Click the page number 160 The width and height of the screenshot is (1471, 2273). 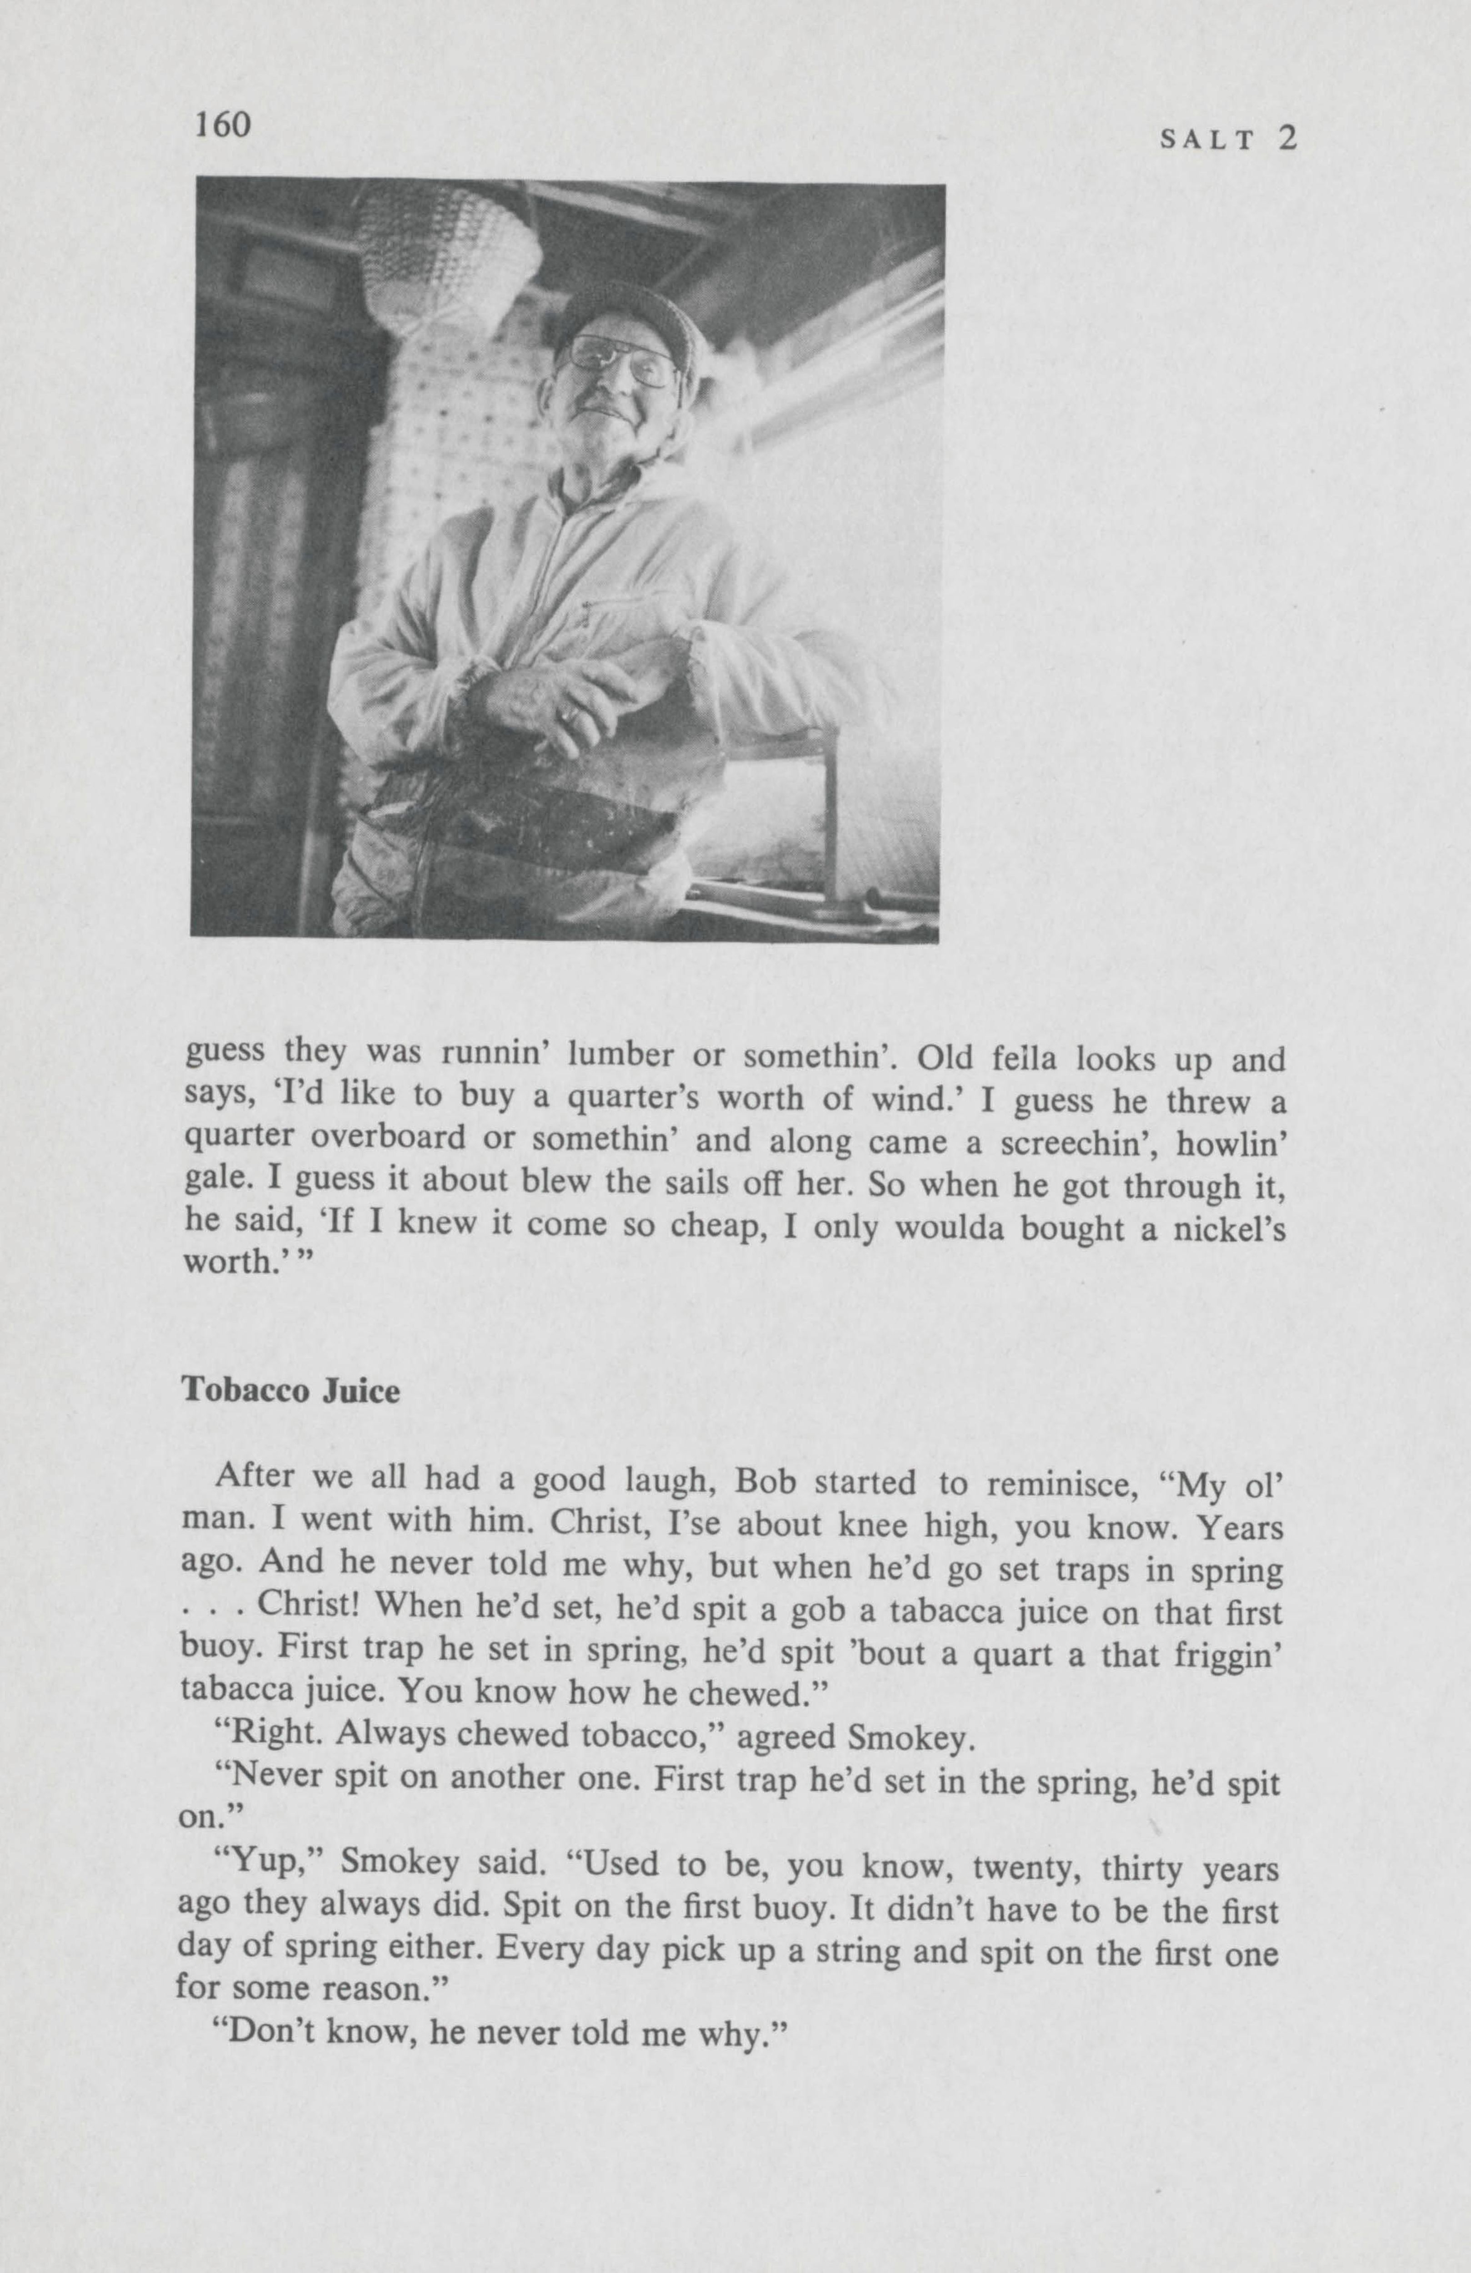coord(222,124)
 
